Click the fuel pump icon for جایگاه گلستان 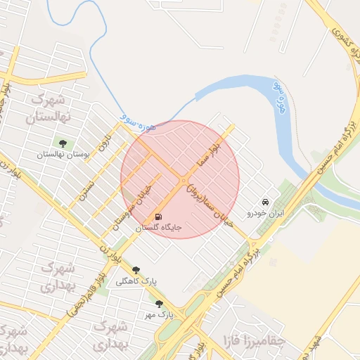(158, 217)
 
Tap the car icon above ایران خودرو (264, 200)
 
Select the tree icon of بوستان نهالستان (63, 143)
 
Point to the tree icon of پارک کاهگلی (136, 270)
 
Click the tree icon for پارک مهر (159, 304)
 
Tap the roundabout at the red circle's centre (183, 180)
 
